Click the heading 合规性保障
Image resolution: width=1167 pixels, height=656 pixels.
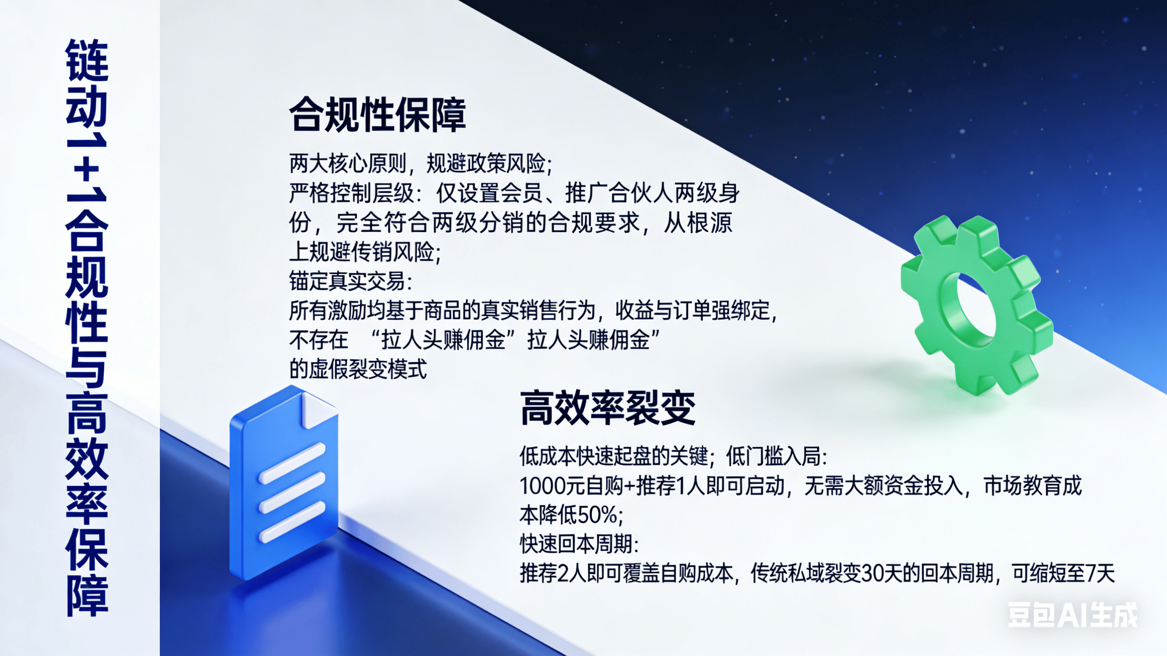[377, 115]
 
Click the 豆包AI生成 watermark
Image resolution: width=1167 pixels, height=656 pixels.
[1073, 615]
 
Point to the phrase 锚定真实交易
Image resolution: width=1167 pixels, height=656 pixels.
[347, 281]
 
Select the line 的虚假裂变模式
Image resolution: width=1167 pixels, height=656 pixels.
[358, 369]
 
